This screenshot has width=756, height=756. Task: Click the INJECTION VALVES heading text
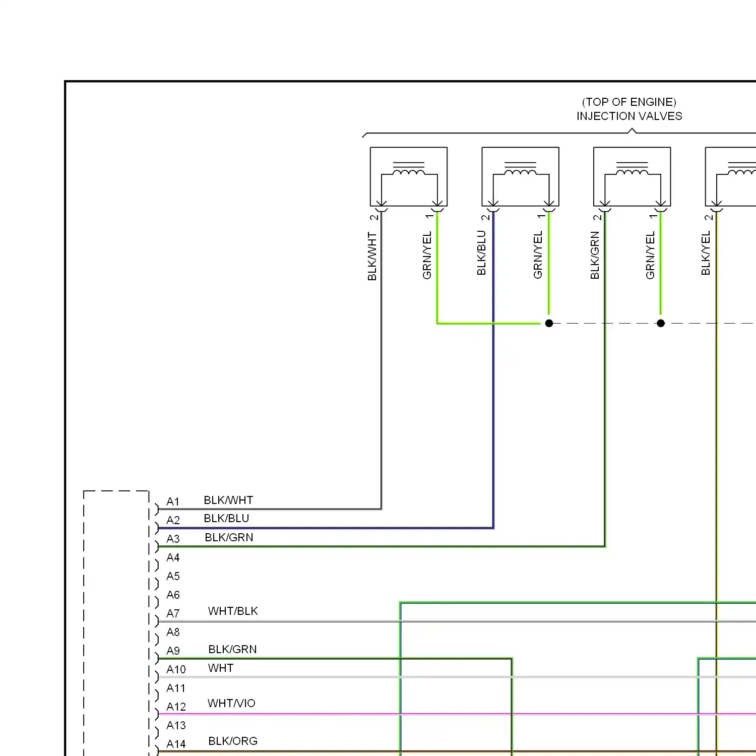[x=629, y=116]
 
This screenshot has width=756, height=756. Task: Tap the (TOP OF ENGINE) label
[x=629, y=102]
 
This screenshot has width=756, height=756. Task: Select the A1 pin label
[x=173, y=502]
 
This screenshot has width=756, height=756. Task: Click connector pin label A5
[x=173, y=576]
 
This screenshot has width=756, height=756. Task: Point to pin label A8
[x=173, y=632]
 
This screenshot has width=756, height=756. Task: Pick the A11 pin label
[x=176, y=688]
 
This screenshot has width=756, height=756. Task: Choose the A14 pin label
[x=176, y=744]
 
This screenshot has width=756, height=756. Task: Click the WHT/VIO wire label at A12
[x=231, y=703]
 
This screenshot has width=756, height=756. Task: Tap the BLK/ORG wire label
[x=233, y=741]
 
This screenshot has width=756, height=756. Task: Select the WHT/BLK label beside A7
[x=233, y=611]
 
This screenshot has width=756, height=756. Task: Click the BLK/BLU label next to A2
[x=226, y=519]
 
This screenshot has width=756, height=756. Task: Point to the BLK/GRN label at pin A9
[x=232, y=649]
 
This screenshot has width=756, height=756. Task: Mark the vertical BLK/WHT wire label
[x=372, y=256]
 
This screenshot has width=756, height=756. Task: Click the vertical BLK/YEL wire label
[x=706, y=253]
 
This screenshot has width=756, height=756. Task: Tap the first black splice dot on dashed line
[x=549, y=323]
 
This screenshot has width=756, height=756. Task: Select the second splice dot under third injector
[x=661, y=323]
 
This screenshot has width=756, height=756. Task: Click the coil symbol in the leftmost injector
[x=409, y=172]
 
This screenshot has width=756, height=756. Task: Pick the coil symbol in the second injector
[x=521, y=172]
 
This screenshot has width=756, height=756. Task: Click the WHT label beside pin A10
[x=221, y=668]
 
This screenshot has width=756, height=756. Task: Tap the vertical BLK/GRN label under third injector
[x=595, y=255]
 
